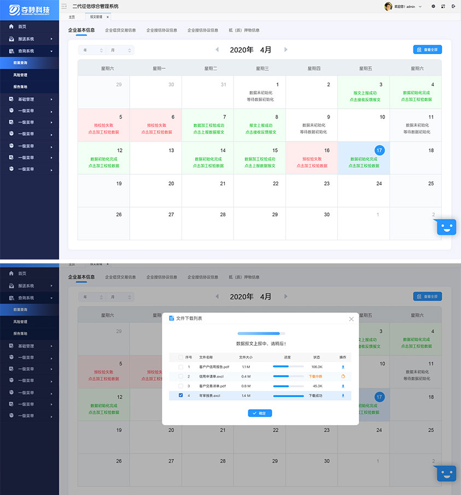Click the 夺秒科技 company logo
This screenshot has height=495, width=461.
[30, 9]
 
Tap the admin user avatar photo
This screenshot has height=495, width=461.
[388, 7]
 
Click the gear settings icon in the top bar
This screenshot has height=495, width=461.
[434, 7]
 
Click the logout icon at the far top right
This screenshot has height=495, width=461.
[453, 7]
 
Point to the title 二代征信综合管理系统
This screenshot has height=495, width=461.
[95, 7]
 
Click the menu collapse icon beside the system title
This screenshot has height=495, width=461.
[64, 7]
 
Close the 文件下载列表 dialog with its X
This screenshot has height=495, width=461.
[351, 319]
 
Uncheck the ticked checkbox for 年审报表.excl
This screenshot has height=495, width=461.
[181, 396]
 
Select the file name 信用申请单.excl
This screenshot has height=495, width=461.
[212, 376]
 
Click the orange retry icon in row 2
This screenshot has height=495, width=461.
[343, 376]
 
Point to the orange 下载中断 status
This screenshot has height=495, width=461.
[316, 376]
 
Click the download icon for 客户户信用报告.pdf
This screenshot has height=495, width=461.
[343, 367]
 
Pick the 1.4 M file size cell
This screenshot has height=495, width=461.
[246, 396]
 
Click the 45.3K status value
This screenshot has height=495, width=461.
[317, 386]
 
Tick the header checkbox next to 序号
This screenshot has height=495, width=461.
[181, 357]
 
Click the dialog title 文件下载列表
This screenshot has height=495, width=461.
[189, 319]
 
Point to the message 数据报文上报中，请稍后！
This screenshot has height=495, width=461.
[260, 344]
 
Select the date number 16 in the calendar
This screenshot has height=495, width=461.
[326, 150]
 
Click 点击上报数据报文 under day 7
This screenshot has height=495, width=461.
[209, 132]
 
